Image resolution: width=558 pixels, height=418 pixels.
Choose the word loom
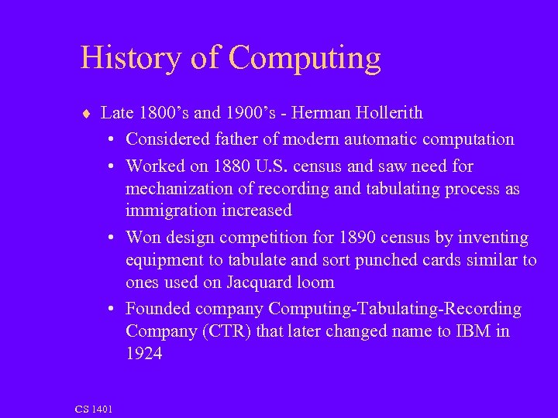[x=314, y=283]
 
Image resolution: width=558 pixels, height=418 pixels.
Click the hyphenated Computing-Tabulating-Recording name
[x=395, y=309]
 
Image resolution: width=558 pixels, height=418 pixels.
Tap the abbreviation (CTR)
[x=228, y=331]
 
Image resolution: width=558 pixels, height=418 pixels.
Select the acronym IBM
[x=473, y=331]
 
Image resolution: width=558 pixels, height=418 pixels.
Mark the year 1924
[x=144, y=354]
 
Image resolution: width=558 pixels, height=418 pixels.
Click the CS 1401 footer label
[x=94, y=409]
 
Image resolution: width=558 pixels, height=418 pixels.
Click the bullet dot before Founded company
[x=112, y=309]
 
